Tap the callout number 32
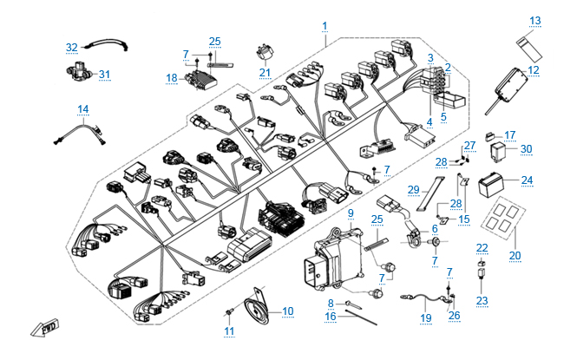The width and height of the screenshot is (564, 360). [x=72, y=47]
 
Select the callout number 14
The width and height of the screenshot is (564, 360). [x=83, y=109]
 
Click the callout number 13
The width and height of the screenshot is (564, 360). [x=534, y=20]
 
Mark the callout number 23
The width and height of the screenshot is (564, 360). [x=482, y=301]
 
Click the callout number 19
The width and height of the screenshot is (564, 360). [x=425, y=318]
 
